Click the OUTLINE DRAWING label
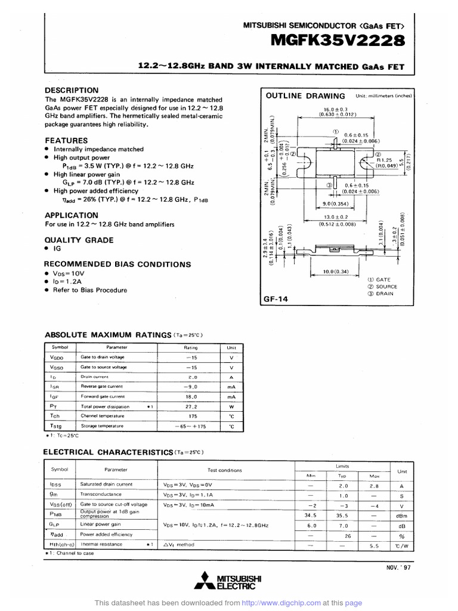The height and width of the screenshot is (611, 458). point(305,96)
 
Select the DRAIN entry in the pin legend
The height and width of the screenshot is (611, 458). point(383,294)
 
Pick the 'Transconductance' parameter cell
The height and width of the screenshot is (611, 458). point(101,494)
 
